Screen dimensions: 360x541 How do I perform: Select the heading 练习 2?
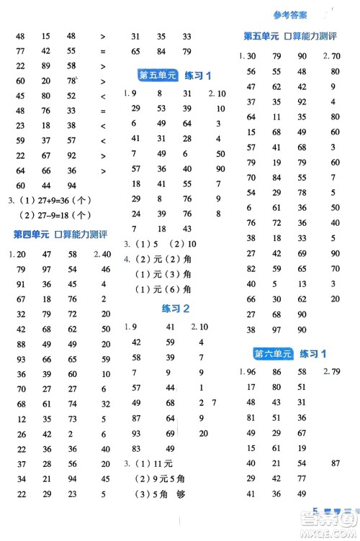click(176, 309)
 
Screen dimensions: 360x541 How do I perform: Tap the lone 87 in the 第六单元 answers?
click(335, 463)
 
